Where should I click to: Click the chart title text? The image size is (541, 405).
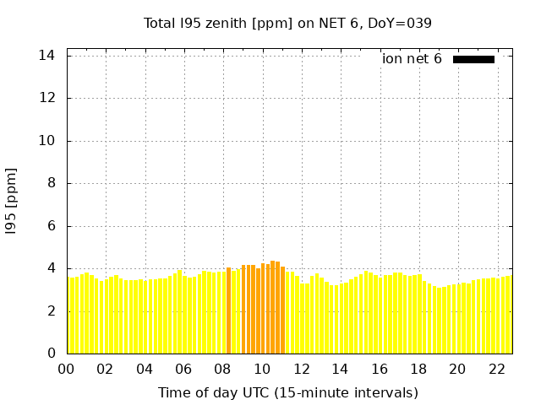point(287,23)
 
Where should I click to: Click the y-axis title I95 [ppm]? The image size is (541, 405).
point(11,202)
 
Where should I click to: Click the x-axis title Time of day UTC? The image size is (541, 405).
point(287,392)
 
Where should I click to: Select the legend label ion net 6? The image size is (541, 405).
point(412,59)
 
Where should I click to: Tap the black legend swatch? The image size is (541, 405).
point(473,59)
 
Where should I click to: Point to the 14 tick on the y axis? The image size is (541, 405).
point(47,55)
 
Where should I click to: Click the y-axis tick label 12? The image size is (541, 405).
point(47,98)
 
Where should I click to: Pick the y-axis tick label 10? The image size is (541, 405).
point(47,141)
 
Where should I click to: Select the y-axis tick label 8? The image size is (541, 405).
point(51,183)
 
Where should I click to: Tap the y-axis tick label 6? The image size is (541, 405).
point(51,226)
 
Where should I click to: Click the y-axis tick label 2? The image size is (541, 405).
point(51,311)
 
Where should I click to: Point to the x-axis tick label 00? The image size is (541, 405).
point(67,369)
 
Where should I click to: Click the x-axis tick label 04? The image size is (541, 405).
point(145,369)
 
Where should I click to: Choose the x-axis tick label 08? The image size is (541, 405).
point(223,369)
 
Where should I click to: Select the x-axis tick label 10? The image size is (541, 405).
point(262,369)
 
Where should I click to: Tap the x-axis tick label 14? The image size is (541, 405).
point(340,369)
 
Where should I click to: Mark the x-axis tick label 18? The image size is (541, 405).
point(418,369)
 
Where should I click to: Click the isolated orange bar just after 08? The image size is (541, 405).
point(228,310)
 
